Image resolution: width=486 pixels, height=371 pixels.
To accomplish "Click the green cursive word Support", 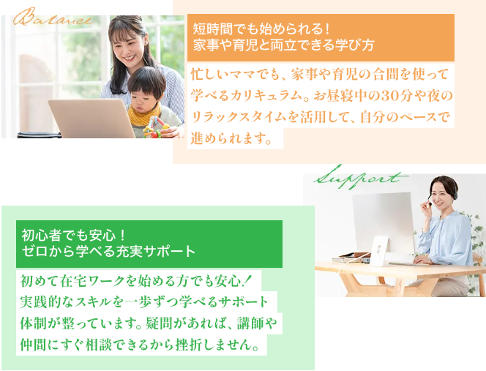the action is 361,178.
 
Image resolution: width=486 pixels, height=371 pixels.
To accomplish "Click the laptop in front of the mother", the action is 91,118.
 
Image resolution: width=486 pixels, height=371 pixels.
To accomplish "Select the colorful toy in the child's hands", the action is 156,128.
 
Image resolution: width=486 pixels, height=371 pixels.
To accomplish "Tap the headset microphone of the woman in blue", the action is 430,203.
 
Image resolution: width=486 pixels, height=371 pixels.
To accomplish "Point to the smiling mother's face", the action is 127,47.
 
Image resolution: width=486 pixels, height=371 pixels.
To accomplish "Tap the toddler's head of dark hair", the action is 146,81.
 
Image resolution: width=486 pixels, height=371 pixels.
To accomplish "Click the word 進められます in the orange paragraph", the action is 228,138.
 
